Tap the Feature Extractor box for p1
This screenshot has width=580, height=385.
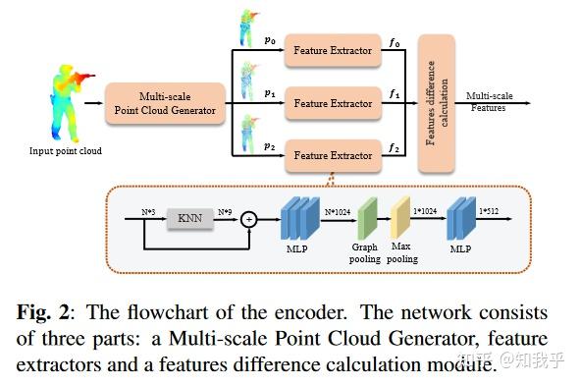[x=333, y=103]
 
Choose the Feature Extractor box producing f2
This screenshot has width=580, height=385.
[x=333, y=155]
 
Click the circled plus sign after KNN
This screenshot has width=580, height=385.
[x=249, y=219]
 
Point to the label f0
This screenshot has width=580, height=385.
[x=394, y=42]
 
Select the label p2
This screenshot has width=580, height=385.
[x=269, y=145]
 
